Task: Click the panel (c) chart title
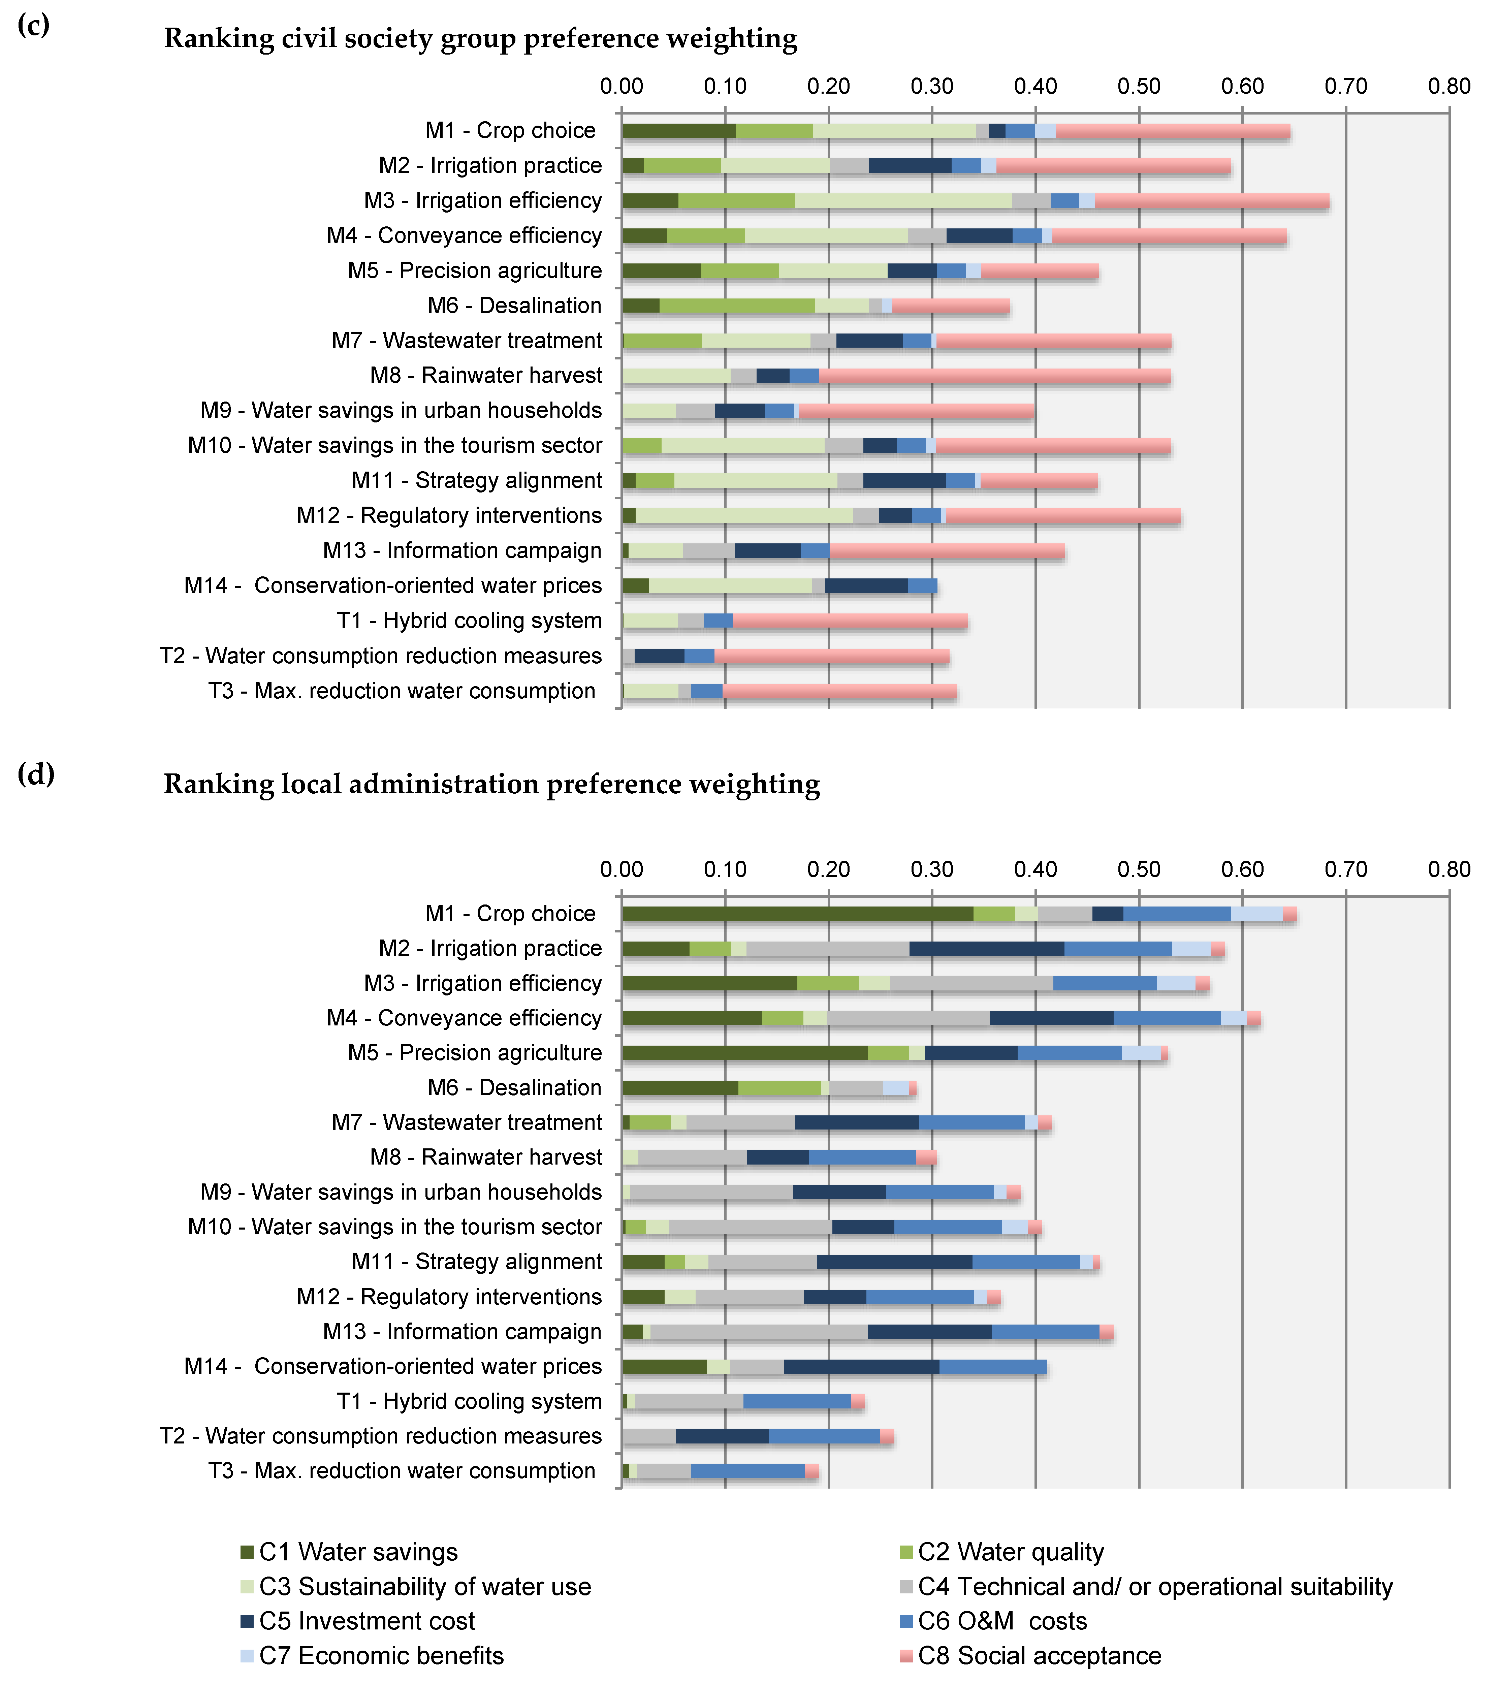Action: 480,39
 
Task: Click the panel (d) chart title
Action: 492,784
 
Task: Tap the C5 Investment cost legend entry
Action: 366,1621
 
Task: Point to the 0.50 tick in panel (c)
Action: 1139,87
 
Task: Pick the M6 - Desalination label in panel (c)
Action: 514,306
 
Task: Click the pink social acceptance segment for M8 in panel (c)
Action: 994,376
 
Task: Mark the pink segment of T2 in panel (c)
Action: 832,656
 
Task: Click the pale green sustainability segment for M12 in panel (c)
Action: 744,516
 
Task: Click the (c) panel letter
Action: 34,26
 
